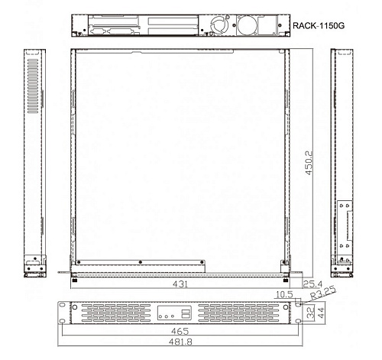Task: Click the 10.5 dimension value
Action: tap(286, 294)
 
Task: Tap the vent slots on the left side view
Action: tap(31, 84)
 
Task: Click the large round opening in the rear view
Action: tap(247, 26)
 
